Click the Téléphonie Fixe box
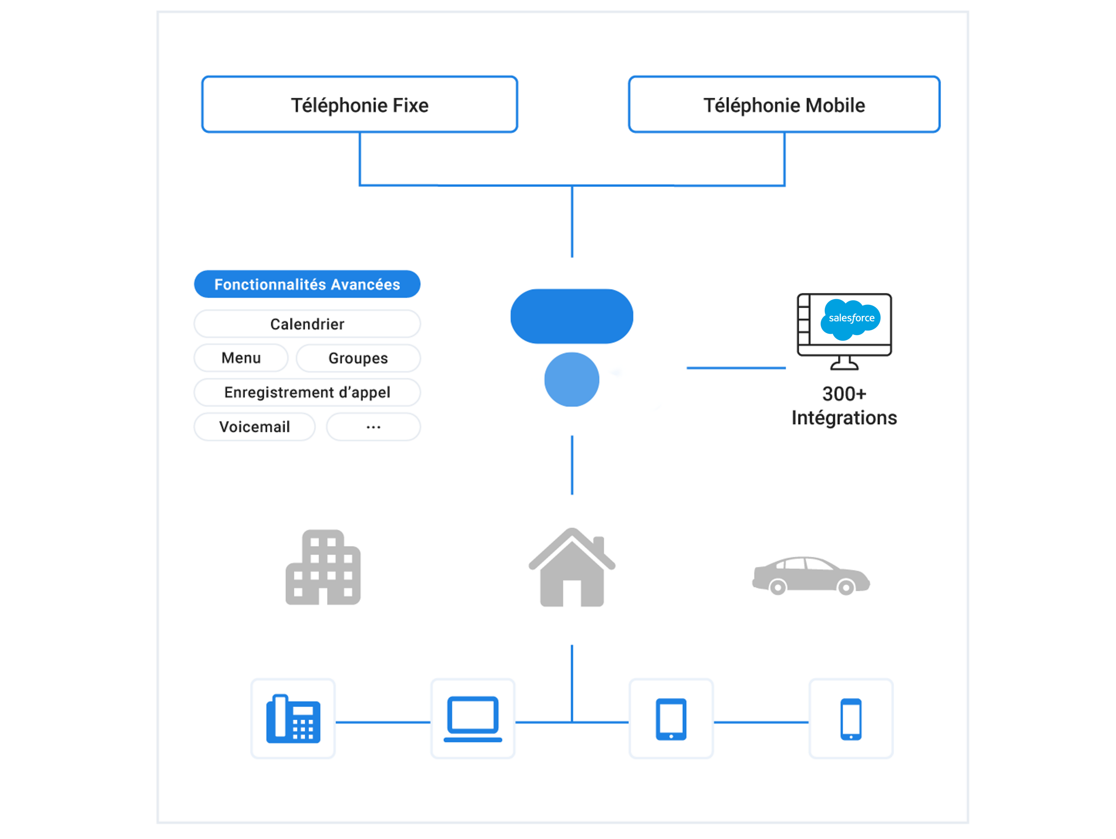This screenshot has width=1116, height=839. (359, 105)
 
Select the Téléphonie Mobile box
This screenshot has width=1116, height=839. (784, 105)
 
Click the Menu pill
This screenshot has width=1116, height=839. (241, 358)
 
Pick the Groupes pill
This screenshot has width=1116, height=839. (358, 358)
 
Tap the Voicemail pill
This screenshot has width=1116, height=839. (254, 427)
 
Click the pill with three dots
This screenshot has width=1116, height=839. (373, 427)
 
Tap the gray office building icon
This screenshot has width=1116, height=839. (323, 567)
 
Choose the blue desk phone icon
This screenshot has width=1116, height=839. (293, 719)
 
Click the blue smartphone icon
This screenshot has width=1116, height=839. (851, 719)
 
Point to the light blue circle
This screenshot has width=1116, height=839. (572, 380)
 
